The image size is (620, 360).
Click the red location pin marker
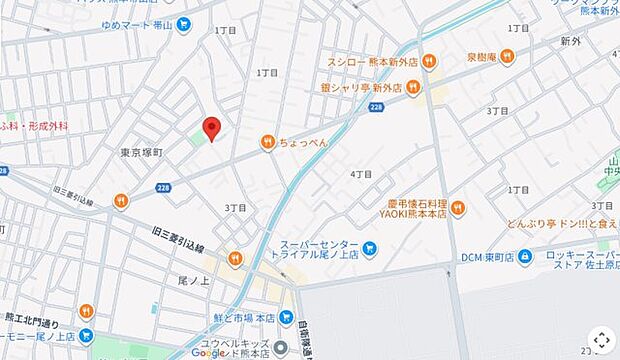[211, 127]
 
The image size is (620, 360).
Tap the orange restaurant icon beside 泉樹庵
[507, 56]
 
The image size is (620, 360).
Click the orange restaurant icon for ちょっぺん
[268, 143]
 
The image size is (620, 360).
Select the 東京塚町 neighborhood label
[141, 152]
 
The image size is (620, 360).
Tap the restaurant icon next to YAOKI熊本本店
[458, 208]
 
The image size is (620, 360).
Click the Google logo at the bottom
[208, 352]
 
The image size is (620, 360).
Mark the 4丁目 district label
[361, 174]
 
